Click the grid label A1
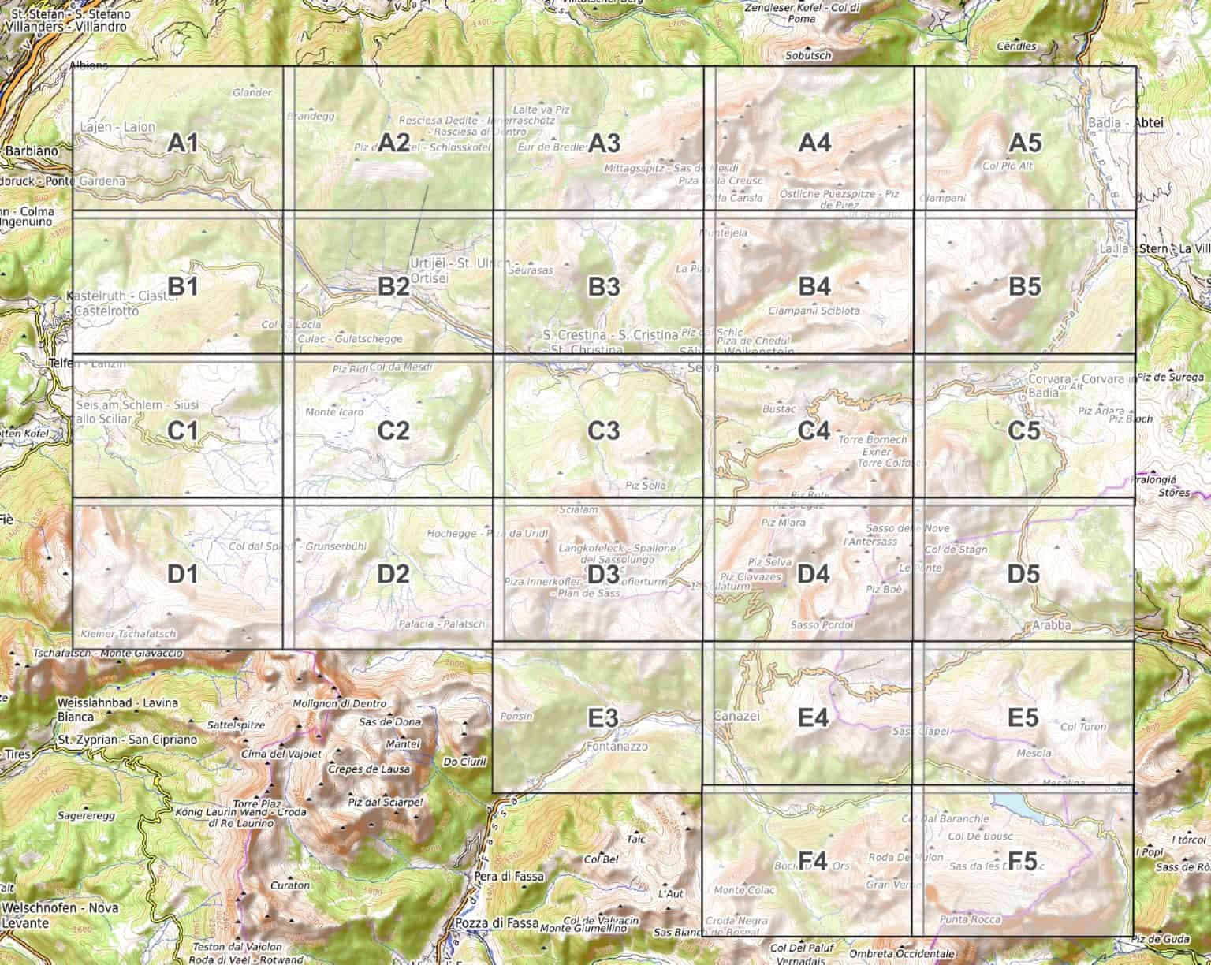182,143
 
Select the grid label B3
604,287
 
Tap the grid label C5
1024,431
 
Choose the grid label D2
393,574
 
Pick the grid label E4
813,717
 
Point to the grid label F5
1024,860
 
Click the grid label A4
814,143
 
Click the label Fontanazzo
617,745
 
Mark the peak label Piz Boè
883,589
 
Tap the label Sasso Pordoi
822,624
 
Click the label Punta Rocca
971,919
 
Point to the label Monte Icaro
334,412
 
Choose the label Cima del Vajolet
281,754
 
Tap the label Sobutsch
808,56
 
